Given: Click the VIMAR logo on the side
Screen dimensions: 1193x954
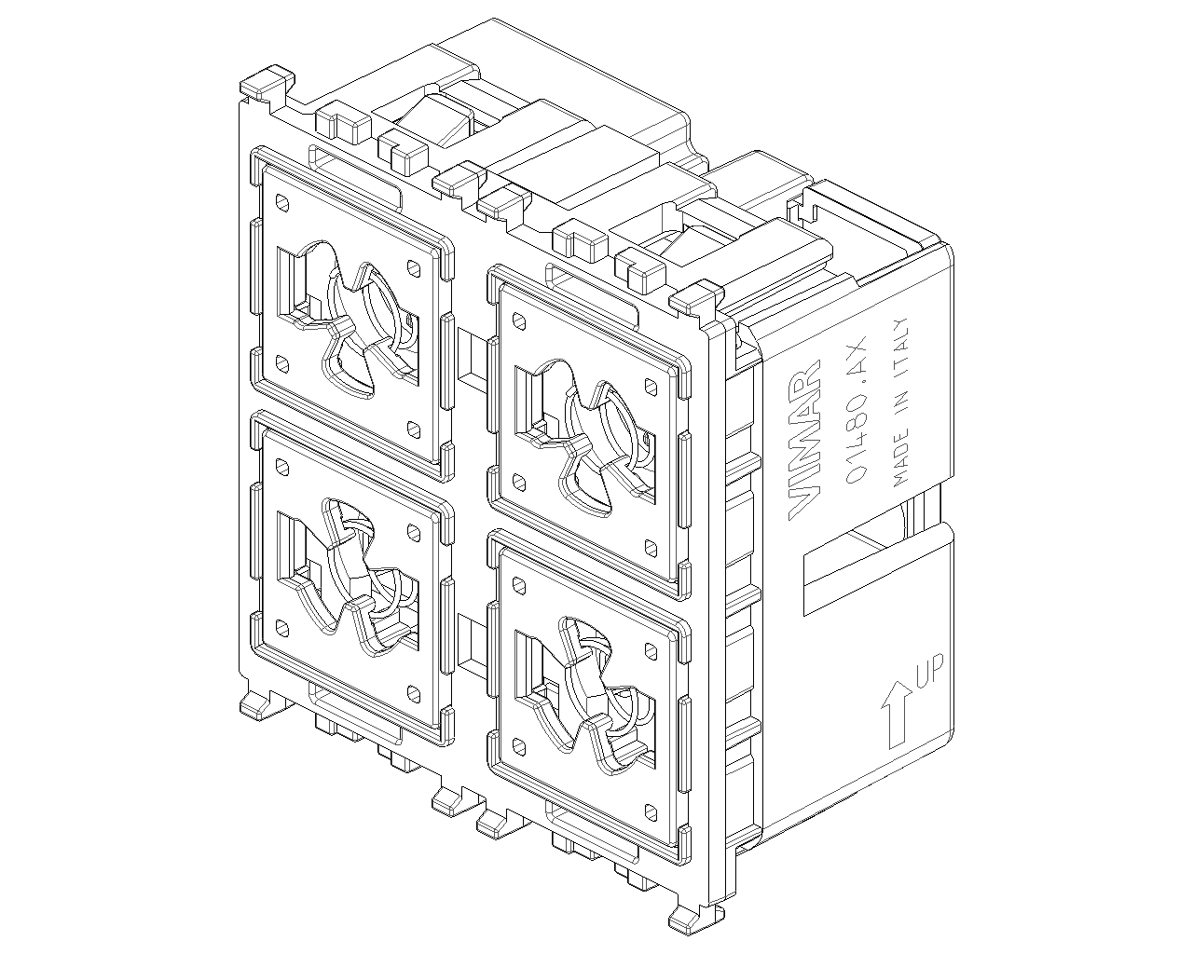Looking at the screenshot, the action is tap(803, 440).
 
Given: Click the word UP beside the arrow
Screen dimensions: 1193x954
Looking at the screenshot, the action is tap(928, 672).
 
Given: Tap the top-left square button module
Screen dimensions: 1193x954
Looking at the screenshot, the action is tap(351, 313).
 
